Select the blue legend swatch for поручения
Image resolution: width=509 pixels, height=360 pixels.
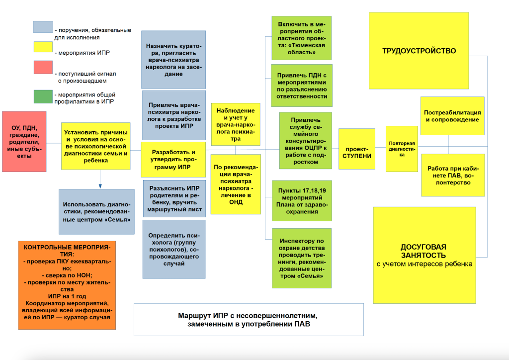pyautogui.click(x=42, y=27)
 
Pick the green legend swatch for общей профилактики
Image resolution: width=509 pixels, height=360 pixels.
pyautogui.click(x=42, y=96)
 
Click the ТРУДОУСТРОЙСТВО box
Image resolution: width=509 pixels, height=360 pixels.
pyautogui.click(x=419, y=51)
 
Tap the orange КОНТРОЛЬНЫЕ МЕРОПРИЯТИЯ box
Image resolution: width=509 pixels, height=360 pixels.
pyautogui.click(x=67, y=285)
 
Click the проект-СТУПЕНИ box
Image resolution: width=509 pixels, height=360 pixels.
pyautogui.click(x=356, y=149)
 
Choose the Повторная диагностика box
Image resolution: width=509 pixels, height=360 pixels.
pyautogui.click(x=402, y=149)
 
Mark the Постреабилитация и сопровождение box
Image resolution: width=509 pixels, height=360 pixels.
pyautogui.click(x=452, y=116)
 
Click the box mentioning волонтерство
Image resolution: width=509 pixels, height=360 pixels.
pyautogui.click(x=452, y=176)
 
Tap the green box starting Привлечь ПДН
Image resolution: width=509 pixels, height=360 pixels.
pyautogui.click(x=302, y=86)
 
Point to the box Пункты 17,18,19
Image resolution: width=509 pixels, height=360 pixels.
pyautogui.click(x=302, y=201)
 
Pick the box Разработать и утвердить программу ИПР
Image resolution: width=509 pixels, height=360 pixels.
pyautogui.click(x=173, y=159)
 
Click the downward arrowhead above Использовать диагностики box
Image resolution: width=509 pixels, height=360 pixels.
pyautogui.click(x=100, y=186)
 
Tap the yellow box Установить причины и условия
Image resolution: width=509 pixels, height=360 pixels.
pyautogui.click(x=96, y=146)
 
